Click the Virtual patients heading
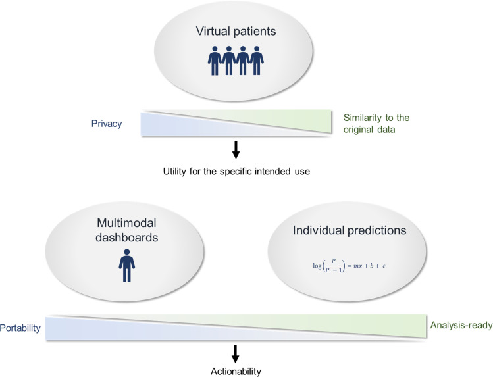(x=236, y=31)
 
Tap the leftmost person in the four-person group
(x=215, y=61)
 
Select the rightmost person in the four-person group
(x=257, y=61)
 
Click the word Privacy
(x=107, y=124)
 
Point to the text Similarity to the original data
(x=376, y=124)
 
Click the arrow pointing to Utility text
(x=236, y=150)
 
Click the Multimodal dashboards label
(x=127, y=230)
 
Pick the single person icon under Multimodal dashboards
(x=127, y=265)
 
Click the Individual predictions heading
(x=350, y=230)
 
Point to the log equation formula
(x=350, y=266)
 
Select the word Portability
(x=20, y=328)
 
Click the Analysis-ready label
(x=461, y=325)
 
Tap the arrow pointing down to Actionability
(x=235, y=354)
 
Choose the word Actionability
(x=236, y=372)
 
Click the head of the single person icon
(x=127, y=252)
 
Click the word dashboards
(x=127, y=238)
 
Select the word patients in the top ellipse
(x=255, y=32)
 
